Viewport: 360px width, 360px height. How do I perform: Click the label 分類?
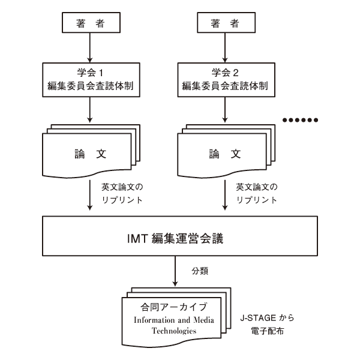tap(199, 271)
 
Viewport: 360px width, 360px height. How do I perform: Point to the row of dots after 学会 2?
tap(303, 120)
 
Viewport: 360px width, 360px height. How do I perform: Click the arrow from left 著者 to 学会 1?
tap(89, 46)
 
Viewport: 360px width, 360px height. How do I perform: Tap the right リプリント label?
tap(257, 199)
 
